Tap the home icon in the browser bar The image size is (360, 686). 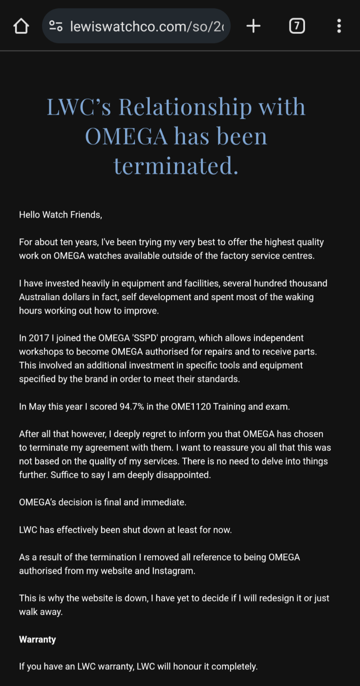click(21, 26)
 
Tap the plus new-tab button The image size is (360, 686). click(253, 26)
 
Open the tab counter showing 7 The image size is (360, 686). click(297, 26)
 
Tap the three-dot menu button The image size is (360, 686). click(339, 26)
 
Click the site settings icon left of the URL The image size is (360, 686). click(56, 26)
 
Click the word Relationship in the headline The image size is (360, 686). click(185, 107)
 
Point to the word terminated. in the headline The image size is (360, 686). click(176, 165)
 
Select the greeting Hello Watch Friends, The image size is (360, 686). click(60, 215)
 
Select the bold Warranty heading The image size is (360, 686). click(37, 639)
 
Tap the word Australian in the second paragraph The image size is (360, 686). click(41, 297)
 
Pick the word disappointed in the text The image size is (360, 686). click(183, 475)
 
